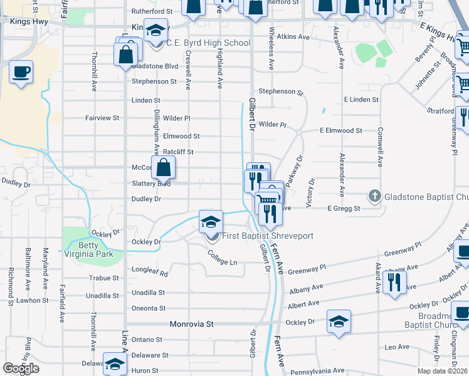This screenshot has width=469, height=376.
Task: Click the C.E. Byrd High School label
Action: (208, 43)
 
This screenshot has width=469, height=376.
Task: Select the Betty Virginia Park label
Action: (88, 249)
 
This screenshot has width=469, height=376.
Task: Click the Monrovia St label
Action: (192, 324)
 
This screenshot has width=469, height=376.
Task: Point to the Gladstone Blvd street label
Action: (155, 66)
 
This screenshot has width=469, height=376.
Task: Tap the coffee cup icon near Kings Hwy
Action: (21, 71)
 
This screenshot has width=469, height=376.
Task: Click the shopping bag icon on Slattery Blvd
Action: (163, 167)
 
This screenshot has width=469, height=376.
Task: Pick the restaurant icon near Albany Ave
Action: (394, 282)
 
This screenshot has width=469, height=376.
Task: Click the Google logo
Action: (21, 368)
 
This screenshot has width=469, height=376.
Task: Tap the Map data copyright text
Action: (441, 371)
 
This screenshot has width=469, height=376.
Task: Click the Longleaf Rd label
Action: (150, 273)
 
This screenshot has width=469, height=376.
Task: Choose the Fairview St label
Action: (102, 118)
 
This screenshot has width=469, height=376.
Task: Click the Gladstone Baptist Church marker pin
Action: (374, 196)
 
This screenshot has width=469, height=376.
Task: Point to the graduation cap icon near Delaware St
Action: (114, 365)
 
